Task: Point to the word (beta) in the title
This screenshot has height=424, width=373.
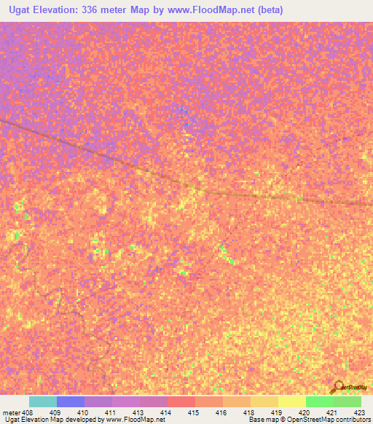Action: [267, 10]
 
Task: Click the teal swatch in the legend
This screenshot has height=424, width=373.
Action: [43, 401]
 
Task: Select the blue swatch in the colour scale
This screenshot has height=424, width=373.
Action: [71, 401]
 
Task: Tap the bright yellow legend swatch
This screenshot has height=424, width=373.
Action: [291, 401]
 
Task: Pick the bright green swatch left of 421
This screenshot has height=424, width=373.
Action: [319, 401]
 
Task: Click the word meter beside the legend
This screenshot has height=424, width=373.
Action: [11, 412]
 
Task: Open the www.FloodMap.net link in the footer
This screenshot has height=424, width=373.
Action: [139, 420]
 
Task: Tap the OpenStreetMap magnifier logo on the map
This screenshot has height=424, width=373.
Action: [337, 386]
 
